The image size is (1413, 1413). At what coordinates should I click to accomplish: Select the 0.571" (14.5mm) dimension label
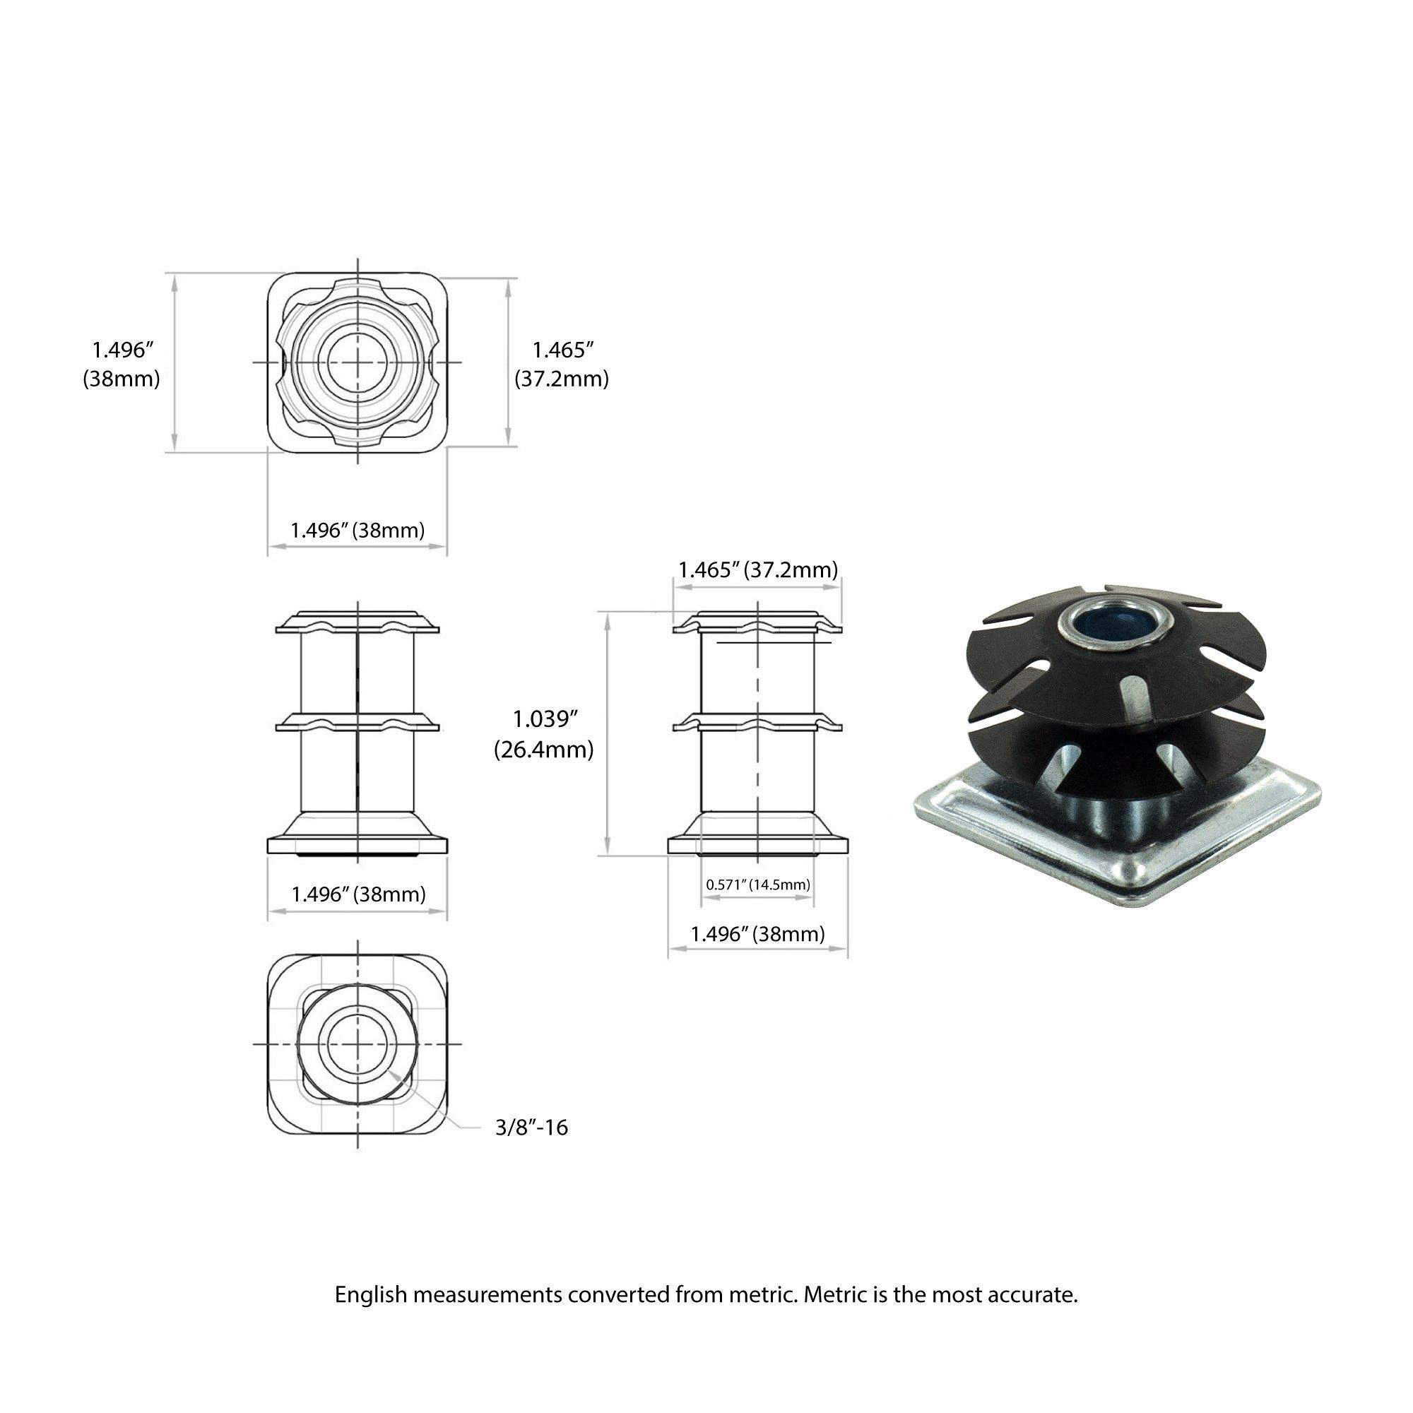757,885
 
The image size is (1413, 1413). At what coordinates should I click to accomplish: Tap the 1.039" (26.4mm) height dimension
543,734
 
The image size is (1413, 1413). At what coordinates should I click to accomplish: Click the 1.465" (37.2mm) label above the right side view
757,569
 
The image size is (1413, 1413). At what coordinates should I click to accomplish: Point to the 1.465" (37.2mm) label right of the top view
561,365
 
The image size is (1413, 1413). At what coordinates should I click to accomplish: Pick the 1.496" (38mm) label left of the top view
122,365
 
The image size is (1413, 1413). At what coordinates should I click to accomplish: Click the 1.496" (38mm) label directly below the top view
357,529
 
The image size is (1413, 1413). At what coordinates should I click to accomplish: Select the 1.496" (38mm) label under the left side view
357,894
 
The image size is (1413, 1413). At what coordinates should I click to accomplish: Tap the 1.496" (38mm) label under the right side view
757,934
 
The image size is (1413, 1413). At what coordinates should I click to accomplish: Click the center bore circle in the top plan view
357,362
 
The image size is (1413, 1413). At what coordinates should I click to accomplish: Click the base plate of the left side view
357,845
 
